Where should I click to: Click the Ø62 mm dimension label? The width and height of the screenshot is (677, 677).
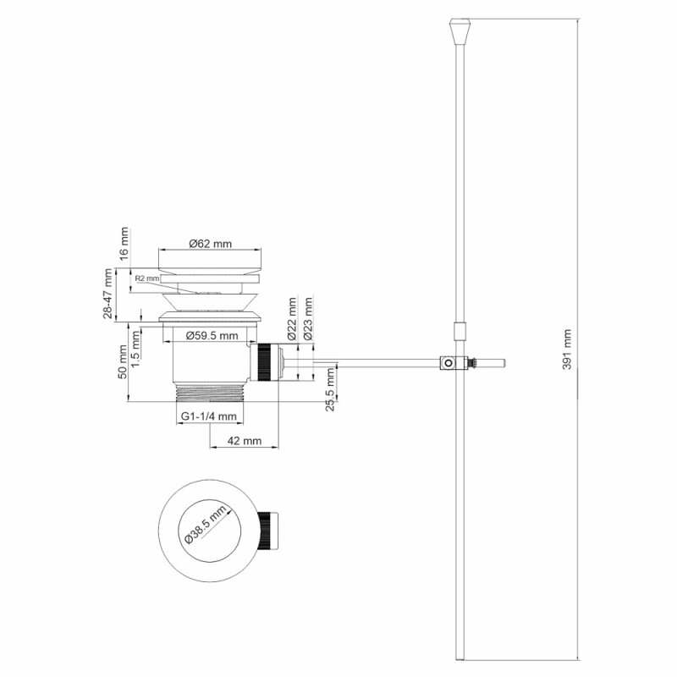(x=209, y=244)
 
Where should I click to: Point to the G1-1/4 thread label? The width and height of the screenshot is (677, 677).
(x=209, y=416)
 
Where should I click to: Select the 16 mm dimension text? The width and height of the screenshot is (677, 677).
(x=124, y=243)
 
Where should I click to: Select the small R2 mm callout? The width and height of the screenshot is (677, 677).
(x=146, y=278)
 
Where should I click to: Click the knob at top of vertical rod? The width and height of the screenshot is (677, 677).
(x=459, y=35)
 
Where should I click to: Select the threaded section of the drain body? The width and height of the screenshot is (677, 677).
(x=209, y=393)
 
